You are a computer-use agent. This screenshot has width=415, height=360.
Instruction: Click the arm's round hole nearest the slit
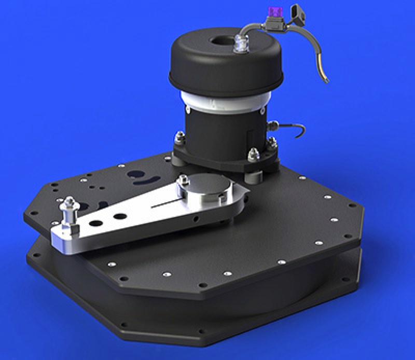pos(120,215)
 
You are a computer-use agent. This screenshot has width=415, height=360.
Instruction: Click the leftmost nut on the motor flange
pos(178,138)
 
